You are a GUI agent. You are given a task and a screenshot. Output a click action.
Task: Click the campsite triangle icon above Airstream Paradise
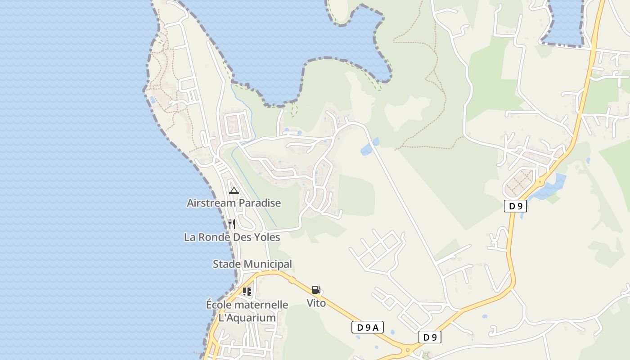pos(234,190)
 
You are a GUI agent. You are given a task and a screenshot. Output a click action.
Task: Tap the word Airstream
pos(211,203)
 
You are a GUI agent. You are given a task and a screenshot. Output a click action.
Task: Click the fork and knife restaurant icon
pos(232,224)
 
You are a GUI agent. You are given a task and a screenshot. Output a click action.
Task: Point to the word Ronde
pos(213,237)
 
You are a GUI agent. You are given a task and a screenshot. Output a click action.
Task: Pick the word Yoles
pos(267,237)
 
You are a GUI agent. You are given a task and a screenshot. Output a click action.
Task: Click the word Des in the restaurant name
pos(242,237)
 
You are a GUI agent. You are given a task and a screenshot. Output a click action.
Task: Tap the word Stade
pos(226,264)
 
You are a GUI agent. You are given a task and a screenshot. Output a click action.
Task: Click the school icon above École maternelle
pos(247,291)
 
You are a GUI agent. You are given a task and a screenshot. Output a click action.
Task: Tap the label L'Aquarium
pos(247,318)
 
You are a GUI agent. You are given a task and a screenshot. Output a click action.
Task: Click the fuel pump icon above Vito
pos(316,290)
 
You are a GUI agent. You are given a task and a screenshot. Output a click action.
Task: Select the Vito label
pos(316,303)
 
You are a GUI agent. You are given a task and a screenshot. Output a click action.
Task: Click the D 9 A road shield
pos(368,328)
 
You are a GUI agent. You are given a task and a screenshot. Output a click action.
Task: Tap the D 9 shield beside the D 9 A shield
pos(430,337)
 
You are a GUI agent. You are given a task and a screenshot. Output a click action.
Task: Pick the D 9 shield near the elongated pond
pos(515,207)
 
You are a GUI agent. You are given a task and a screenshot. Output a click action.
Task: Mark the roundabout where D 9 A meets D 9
pos(408,349)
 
